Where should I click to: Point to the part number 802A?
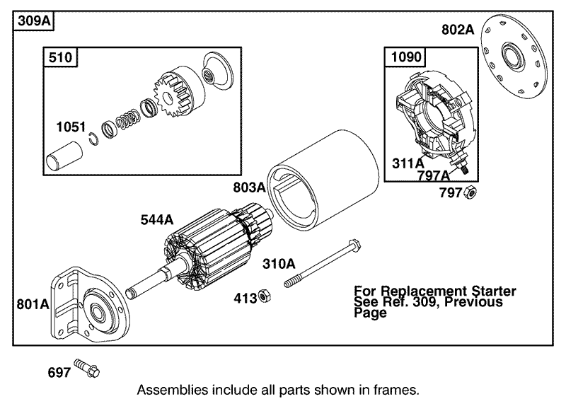[x=457, y=30]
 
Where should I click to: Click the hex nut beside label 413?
[x=261, y=296]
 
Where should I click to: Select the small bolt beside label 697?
[x=88, y=369]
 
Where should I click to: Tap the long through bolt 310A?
[x=322, y=266]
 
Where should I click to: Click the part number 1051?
[x=70, y=127]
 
